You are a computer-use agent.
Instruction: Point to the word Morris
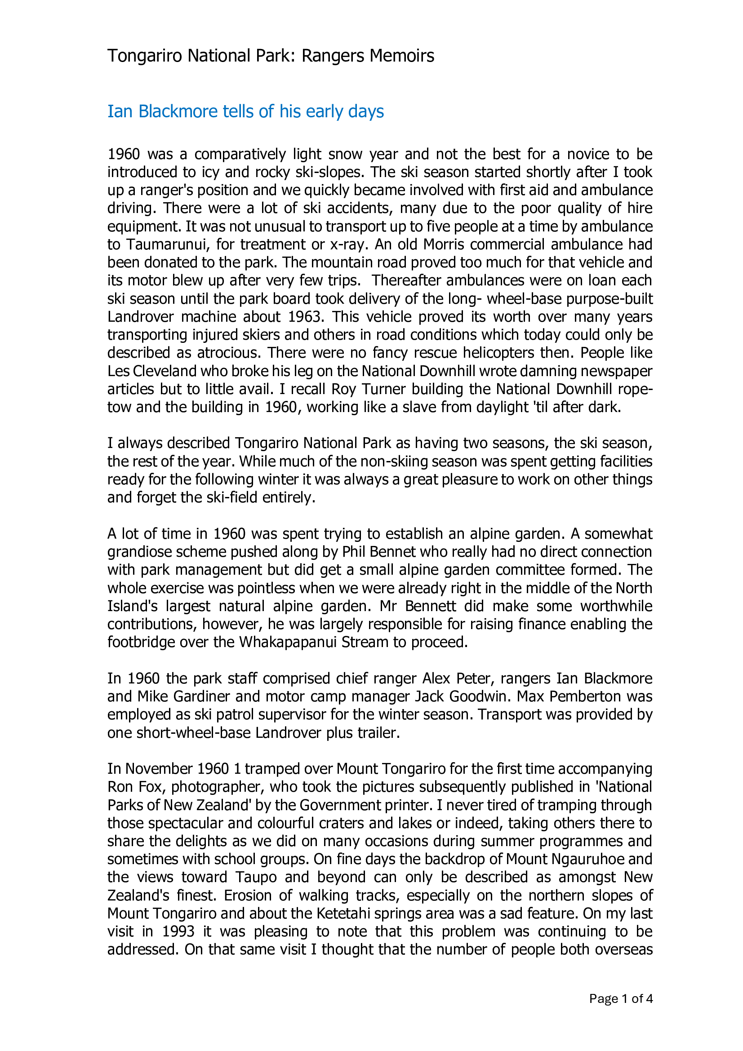444,244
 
